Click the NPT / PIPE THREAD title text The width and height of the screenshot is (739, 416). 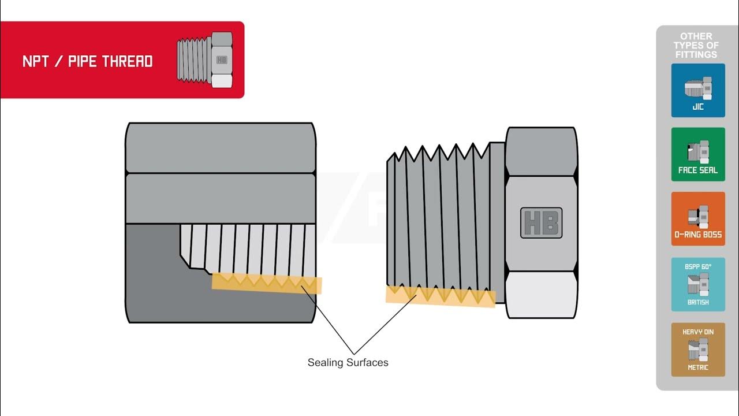[x=88, y=62]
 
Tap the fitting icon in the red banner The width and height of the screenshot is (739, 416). [x=204, y=60]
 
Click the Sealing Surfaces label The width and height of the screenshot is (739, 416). [x=348, y=363]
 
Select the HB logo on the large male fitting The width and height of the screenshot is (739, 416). [x=541, y=222]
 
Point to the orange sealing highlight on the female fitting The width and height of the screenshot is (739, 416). [x=266, y=283]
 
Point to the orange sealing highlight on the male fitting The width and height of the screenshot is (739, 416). [x=440, y=296]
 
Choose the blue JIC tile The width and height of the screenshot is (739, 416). [x=698, y=90]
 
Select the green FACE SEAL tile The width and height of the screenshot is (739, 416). [x=698, y=154]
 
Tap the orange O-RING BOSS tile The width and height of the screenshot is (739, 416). [x=698, y=218]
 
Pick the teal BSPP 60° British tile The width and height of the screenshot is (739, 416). [x=698, y=284]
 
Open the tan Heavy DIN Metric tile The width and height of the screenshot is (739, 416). [x=698, y=350]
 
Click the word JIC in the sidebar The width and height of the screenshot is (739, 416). [x=698, y=107]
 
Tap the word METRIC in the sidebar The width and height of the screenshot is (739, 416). [x=698, y=367]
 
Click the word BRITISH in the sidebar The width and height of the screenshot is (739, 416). [x=698, y=302]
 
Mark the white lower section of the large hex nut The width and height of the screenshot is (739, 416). [x=542, y=294]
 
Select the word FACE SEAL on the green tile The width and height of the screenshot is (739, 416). [x=698, y=170]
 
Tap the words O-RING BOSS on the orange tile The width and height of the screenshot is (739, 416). [x=698, y=235]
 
